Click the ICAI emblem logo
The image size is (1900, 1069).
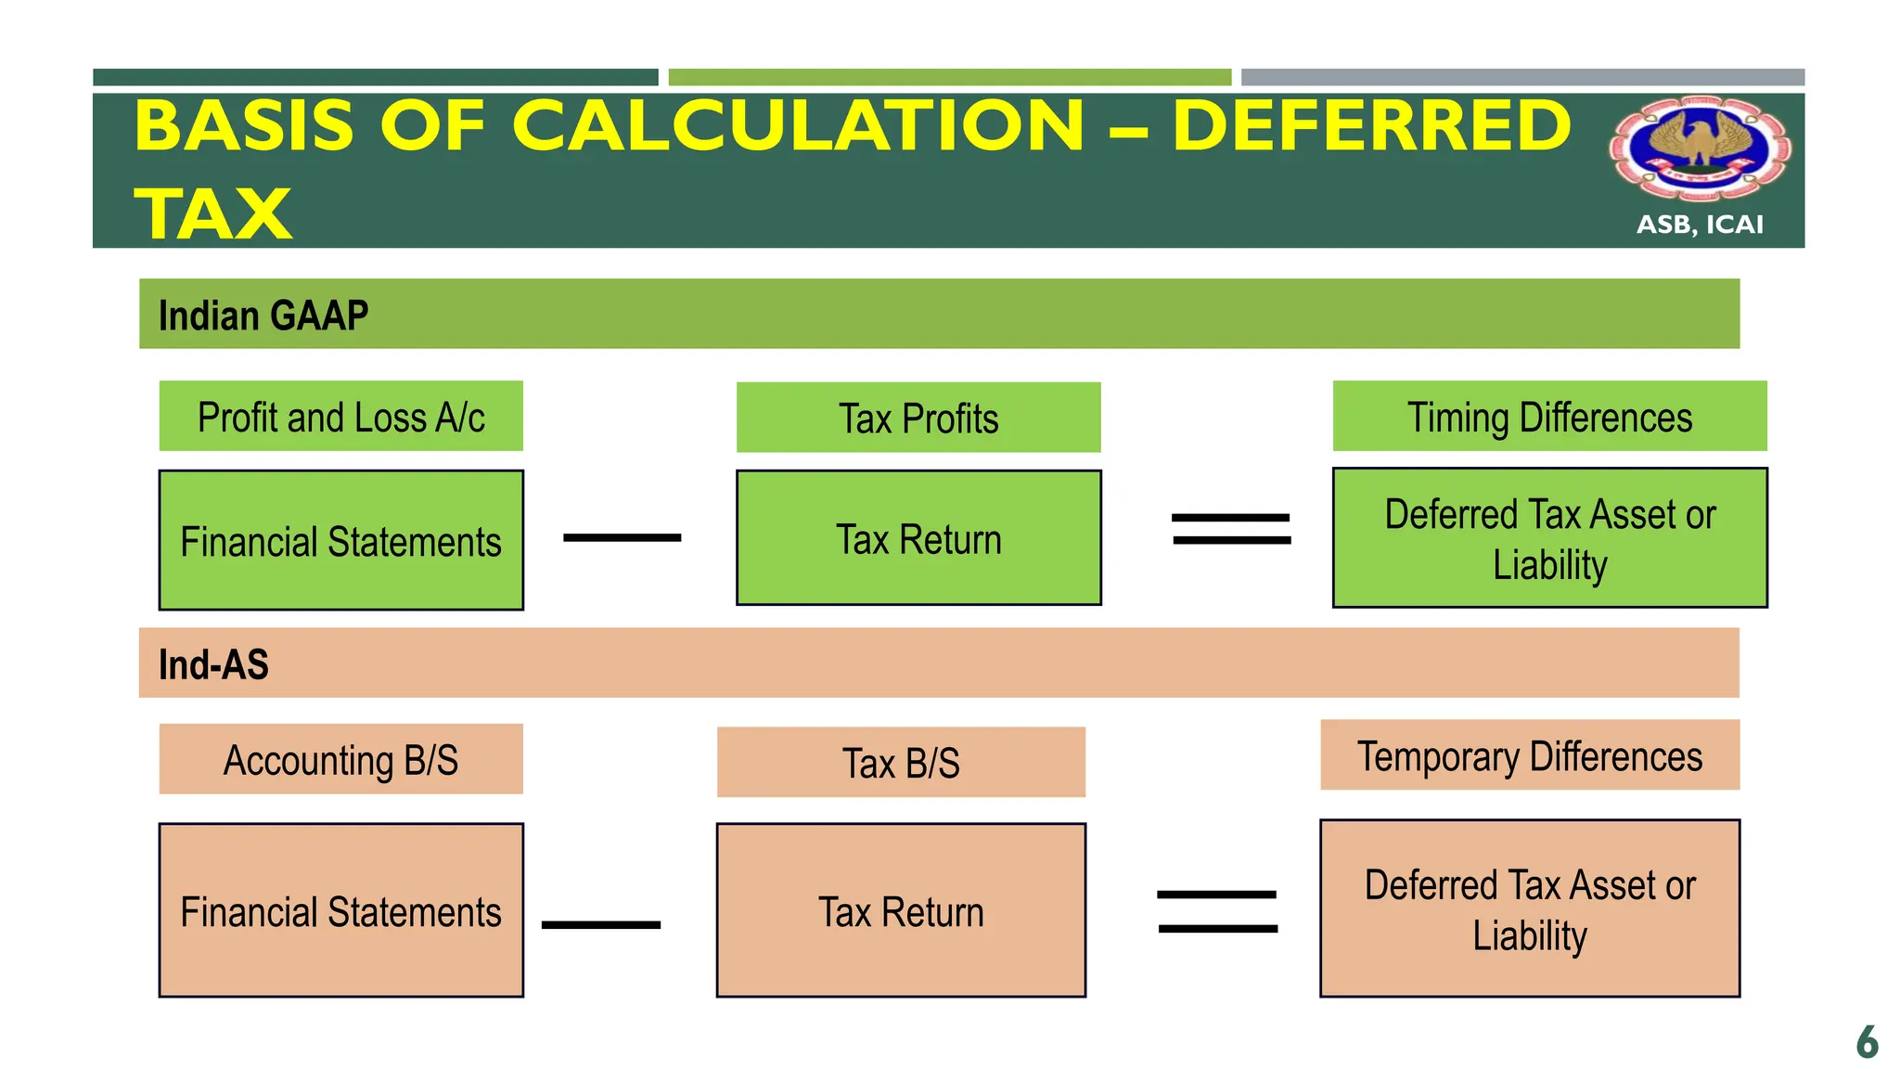click(1700, 148)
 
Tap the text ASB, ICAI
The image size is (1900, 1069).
click(1700, 225)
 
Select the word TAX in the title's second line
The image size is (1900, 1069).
click(213, 213)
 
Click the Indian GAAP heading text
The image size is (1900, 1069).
click(263, 316)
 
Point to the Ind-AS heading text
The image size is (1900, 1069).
click(213, 664)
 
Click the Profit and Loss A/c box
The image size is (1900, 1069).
click(340, 417)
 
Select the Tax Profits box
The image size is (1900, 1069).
click(918, 418)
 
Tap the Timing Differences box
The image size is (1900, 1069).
click(1549, 417)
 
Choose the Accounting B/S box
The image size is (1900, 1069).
click(340, 759)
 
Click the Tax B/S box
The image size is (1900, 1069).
click(901, 763)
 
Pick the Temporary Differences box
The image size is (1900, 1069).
click(1530, 755)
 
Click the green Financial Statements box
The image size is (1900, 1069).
click(340, 541)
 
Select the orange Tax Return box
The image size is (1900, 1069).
click(901, 911)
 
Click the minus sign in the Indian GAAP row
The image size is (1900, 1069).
click(623, 537)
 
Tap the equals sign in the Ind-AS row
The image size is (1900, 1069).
click(1217, 911)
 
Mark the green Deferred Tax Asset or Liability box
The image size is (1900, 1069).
click(1549, 538)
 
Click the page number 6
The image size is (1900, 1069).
click(1867, 1042)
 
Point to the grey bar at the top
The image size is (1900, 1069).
click(1522, 77)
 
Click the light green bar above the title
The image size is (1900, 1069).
click(950, 77)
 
